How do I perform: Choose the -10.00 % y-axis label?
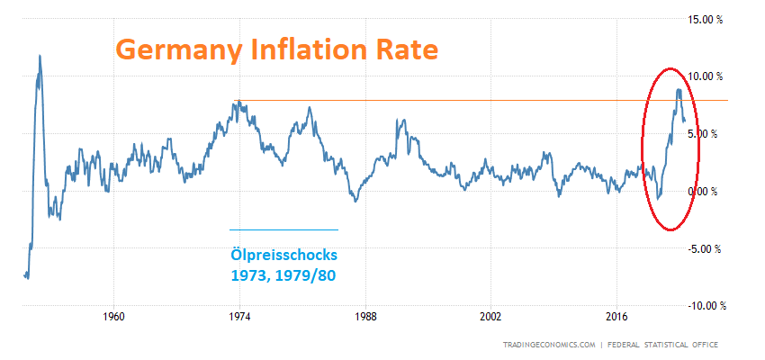tap(707, 307)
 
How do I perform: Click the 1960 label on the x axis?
tap(113, 317)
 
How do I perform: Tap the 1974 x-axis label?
tap(239, 317)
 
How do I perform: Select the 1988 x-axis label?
tap(364, 317)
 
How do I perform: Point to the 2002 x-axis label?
tap(490, 317)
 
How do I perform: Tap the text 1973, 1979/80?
tap(282, 274)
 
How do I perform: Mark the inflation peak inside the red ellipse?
tap(678, 89)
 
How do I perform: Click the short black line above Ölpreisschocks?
tap(283, 230)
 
